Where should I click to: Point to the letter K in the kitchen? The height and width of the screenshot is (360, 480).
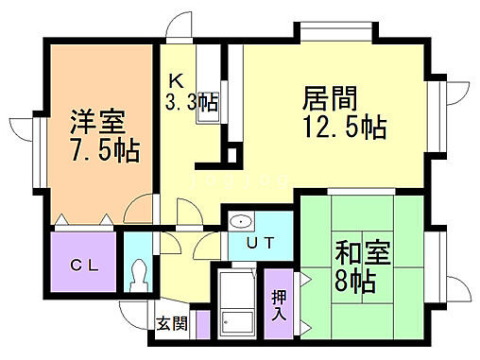[x=176, y=81]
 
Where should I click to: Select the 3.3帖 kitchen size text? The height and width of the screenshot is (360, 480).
[x=191, y=102]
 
